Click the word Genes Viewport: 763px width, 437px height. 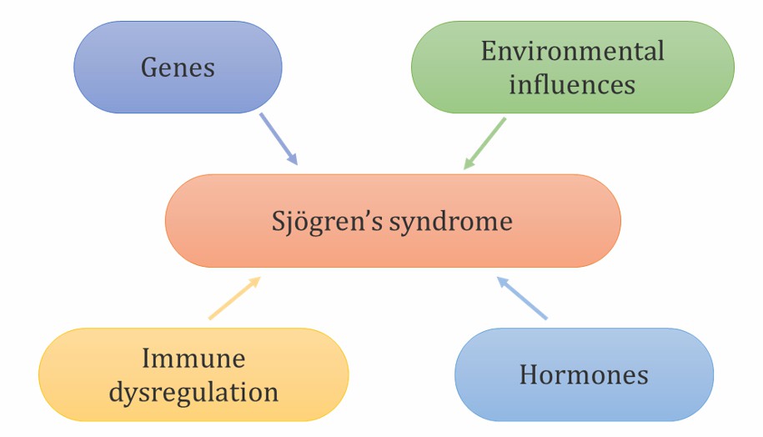178,68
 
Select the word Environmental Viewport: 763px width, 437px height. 572,52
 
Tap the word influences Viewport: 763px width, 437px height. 572,84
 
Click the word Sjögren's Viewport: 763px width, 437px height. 321,222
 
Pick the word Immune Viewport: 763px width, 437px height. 193,359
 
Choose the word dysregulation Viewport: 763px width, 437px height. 193,391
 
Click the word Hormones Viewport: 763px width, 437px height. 584,374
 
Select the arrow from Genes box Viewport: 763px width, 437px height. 279,138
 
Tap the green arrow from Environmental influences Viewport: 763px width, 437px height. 485,143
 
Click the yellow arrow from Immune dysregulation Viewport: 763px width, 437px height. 234,299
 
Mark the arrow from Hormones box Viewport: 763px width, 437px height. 522,299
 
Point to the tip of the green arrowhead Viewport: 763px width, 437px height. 464,169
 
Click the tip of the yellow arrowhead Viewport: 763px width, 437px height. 261,278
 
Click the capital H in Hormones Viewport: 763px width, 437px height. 528,374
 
